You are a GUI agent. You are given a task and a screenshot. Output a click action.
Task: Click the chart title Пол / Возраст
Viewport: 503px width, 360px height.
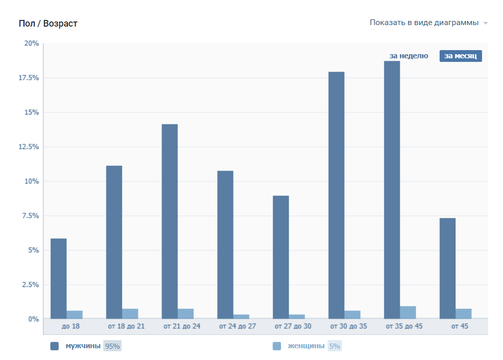[x=48, y=24]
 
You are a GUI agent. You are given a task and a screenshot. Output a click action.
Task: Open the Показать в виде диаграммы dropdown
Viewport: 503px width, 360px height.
[x=428, y=22]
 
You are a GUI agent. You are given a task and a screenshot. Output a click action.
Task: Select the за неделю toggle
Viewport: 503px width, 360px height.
[x=408, y=56]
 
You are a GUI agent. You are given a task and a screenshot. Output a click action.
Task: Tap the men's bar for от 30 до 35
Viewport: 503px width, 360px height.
[x=336, y=194]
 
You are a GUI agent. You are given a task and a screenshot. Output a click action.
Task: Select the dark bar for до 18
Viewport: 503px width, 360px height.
[x=58, y=278]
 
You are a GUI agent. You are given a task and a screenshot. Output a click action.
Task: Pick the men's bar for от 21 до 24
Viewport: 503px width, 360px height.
[x=170, y=221]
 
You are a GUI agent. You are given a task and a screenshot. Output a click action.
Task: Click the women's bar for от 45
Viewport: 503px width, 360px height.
[x=464, y=313]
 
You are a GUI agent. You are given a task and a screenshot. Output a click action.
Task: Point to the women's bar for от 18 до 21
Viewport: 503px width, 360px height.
[x=130, y=313]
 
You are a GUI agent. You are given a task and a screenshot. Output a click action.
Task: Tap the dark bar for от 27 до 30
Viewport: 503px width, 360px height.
[x=281, y=257]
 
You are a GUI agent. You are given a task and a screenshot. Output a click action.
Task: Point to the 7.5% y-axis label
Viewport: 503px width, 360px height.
[x=31, y=216]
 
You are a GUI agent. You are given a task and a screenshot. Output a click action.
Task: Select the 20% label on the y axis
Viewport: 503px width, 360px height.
[x=32, y=43]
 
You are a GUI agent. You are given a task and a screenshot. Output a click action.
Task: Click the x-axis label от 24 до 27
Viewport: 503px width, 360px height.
[x=237, y=326]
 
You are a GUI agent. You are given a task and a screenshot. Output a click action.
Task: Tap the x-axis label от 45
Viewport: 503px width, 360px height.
[x=460, y=326]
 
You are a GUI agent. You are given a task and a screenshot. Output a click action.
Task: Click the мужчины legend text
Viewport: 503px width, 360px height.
[x=83, y=346]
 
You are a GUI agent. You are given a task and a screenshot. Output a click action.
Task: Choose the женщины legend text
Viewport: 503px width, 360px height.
[x=306, y=346]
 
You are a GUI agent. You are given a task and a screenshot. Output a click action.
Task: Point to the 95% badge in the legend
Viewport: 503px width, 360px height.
[x=112, y=346]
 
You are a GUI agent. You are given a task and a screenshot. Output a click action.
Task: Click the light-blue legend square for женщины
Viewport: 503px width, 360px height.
[x=277, y=346]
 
